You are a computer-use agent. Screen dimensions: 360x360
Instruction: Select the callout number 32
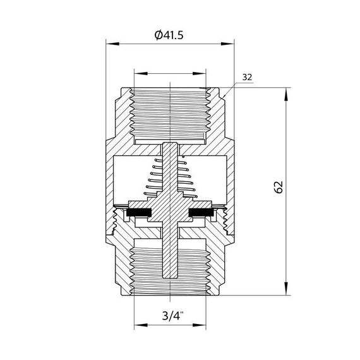click(x=247, y=78)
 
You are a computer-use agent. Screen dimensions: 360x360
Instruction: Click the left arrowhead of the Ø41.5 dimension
click(x=109, y=44)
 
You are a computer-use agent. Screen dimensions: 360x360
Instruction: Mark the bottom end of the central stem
click(x=169, y=278)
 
